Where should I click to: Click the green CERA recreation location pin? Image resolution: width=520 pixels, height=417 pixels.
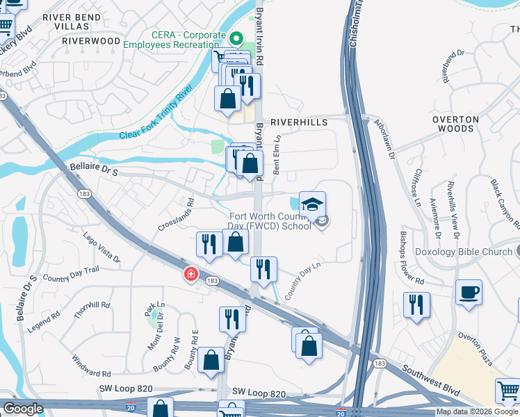pyautogui.click(x=235, y=40)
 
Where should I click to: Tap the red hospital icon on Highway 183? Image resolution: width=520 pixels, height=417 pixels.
pyautogui.click(x=190, y=275)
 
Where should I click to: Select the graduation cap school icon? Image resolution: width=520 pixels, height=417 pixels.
pyautogui.click(x=312, y=204)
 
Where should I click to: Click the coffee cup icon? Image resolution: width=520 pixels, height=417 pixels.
pyautogui.click(x=469, y=291)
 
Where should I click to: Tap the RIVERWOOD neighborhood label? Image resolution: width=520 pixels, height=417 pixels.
pyautogui.click(x=91, y=41)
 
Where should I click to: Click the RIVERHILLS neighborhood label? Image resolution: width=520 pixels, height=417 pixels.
pyautogui.click(x=298, y=122)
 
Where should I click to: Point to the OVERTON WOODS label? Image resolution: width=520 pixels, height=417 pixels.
pyautogui.click(x=456, y=124)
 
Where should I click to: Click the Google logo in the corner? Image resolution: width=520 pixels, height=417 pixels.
pyautogui.click(x=22, y=409)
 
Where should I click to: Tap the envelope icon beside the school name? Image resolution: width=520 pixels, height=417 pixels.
pyautogui.click(x=322, y=222)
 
